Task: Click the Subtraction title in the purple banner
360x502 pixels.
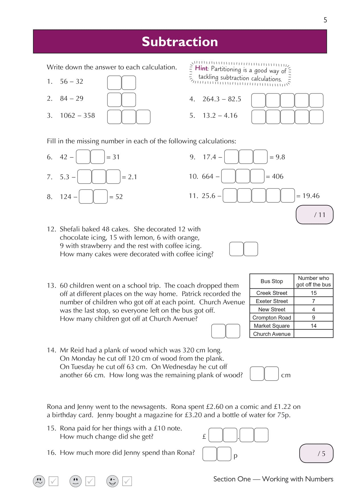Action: tap(180, 42)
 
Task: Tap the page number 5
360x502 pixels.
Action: tap(325, 20)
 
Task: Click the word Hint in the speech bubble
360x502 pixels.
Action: tap(201, 68)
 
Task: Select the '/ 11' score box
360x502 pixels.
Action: tap(314, 215)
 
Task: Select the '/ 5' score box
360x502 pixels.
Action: tap(316, 453)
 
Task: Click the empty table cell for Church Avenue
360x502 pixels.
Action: tap(313, 334)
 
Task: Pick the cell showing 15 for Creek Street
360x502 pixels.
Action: tap(314, 293)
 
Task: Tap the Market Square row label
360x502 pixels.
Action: tap(271, 326)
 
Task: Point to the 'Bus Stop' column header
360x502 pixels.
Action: tap(271, 281)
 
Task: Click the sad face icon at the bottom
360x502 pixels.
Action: tap(39, 481)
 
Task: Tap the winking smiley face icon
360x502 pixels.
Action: tap(112, 481)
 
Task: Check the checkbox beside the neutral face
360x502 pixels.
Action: tap(90, 481)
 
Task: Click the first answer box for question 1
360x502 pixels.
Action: tap(114, 83)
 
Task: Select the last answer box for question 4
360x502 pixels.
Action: tap(316, 100)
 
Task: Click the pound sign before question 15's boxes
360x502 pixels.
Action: tap(204, 436)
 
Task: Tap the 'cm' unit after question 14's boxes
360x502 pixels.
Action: tap(286, 375)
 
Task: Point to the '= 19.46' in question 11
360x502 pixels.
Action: tap(308, 196)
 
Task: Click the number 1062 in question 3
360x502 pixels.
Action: tap(67, 116)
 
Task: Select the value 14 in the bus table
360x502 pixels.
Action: tap(314, 326)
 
